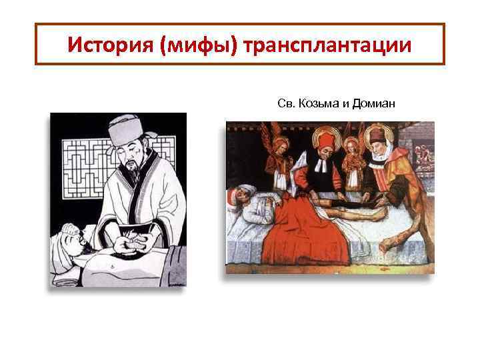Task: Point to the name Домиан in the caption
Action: coord(371,103)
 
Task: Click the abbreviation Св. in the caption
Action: coord(285,103)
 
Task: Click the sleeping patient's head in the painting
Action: coord(241,197)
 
